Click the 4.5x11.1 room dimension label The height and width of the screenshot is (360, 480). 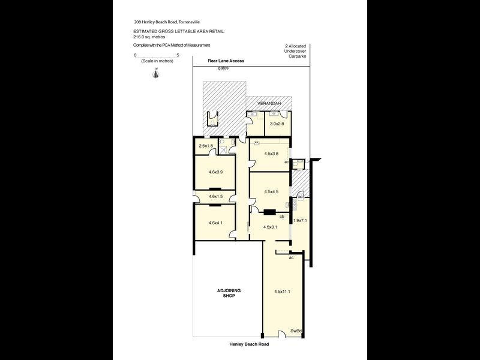(x=282, y=292)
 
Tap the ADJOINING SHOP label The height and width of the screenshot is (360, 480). (x=228, y=293)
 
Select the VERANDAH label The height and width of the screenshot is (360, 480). (x=268, y=104)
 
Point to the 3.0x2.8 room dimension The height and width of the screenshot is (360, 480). (x=277, y=124)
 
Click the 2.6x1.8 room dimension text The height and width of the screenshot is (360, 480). (x=206, y=146)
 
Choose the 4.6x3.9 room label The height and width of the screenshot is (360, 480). (x=215, y=172)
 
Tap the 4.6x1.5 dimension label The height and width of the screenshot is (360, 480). (x=215, y=196)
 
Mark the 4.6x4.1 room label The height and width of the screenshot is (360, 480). (x=215, y=223)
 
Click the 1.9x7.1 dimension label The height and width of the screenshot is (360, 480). (x=299, y=221)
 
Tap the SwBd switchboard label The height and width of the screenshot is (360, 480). (x=295, y=331)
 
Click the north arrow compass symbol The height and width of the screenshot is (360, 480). (x=156, y=73)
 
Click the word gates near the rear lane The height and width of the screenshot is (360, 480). (x=223, y=68)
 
